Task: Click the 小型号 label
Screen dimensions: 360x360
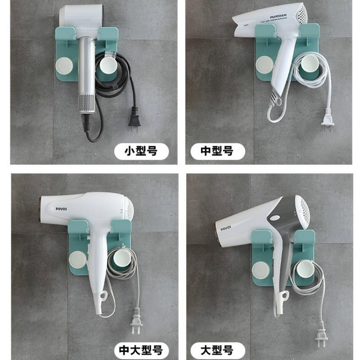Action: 140,151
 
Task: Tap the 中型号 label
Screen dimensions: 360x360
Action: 217,151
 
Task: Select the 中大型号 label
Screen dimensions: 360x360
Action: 140,349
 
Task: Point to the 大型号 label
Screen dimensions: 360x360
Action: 217,349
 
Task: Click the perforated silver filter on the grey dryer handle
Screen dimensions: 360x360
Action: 86,103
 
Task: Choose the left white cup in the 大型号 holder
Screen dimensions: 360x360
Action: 261,270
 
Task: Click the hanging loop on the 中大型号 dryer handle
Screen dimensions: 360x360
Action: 104,295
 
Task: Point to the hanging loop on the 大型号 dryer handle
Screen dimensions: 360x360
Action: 283,296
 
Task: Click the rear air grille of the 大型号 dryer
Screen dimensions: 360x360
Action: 305,209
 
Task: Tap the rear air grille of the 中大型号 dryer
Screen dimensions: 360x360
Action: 129,208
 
